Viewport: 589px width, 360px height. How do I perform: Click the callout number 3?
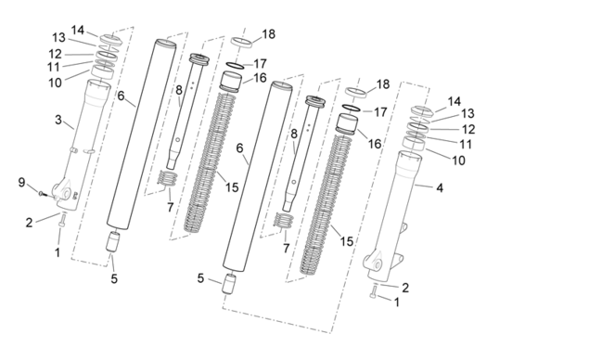pos(58,120)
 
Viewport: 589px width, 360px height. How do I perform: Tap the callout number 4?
pos(440,187)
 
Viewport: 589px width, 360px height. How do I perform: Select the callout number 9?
pos(21,183)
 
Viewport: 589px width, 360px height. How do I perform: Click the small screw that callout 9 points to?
pos(42,194)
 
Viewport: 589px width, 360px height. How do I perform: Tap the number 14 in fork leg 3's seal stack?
pos(78,30)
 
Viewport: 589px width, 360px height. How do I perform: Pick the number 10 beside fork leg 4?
pos(458,161)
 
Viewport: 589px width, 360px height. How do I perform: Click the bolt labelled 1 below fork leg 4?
pos(373,291)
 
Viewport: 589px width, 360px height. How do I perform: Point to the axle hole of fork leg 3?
pos(67,194)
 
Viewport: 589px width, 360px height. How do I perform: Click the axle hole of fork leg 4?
pos(378,265)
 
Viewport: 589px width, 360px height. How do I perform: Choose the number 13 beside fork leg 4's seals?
pos(467,113)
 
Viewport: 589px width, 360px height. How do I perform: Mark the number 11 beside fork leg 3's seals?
pos(54,67)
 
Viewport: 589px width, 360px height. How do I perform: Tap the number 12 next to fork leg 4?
pos(468,129)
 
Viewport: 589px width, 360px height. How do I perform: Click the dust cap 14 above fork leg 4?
pos(422,110)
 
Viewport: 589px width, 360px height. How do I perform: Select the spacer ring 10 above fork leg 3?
pos(102,72)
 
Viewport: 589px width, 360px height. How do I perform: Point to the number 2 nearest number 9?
pos(29,223)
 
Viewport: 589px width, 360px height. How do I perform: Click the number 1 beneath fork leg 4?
pos(396,302)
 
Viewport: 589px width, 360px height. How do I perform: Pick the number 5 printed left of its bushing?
pos(200,278)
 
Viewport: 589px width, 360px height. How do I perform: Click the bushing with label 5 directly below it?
pos(113,241)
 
